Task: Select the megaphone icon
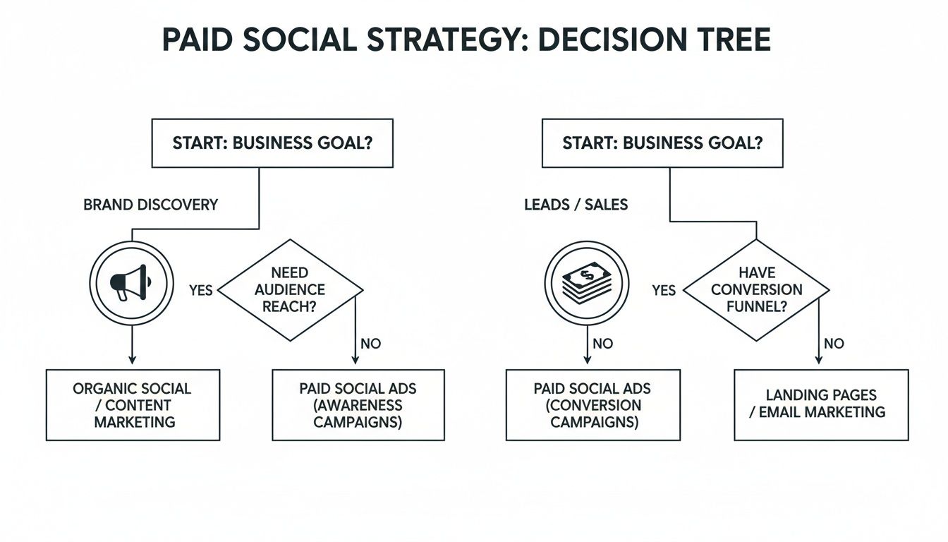point(131,283)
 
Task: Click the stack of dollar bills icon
point(587,284)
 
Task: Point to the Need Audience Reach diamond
point(290,290)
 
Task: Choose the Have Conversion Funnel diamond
point(756,290)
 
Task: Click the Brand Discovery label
point(150,205)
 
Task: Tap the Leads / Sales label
point(576,205)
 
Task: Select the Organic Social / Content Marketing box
point(133,405)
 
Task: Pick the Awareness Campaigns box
point(358,405)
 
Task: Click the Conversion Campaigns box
point(593,405)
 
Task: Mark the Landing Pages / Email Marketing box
point(821,405)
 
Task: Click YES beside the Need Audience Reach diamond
point(201,290)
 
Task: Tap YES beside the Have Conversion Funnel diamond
point(664,290)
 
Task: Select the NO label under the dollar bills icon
point(603,344)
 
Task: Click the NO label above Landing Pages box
point(834,344)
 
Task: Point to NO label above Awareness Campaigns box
point(370,344)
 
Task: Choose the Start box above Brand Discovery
point(272,143)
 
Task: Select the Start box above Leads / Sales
point(662,143)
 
